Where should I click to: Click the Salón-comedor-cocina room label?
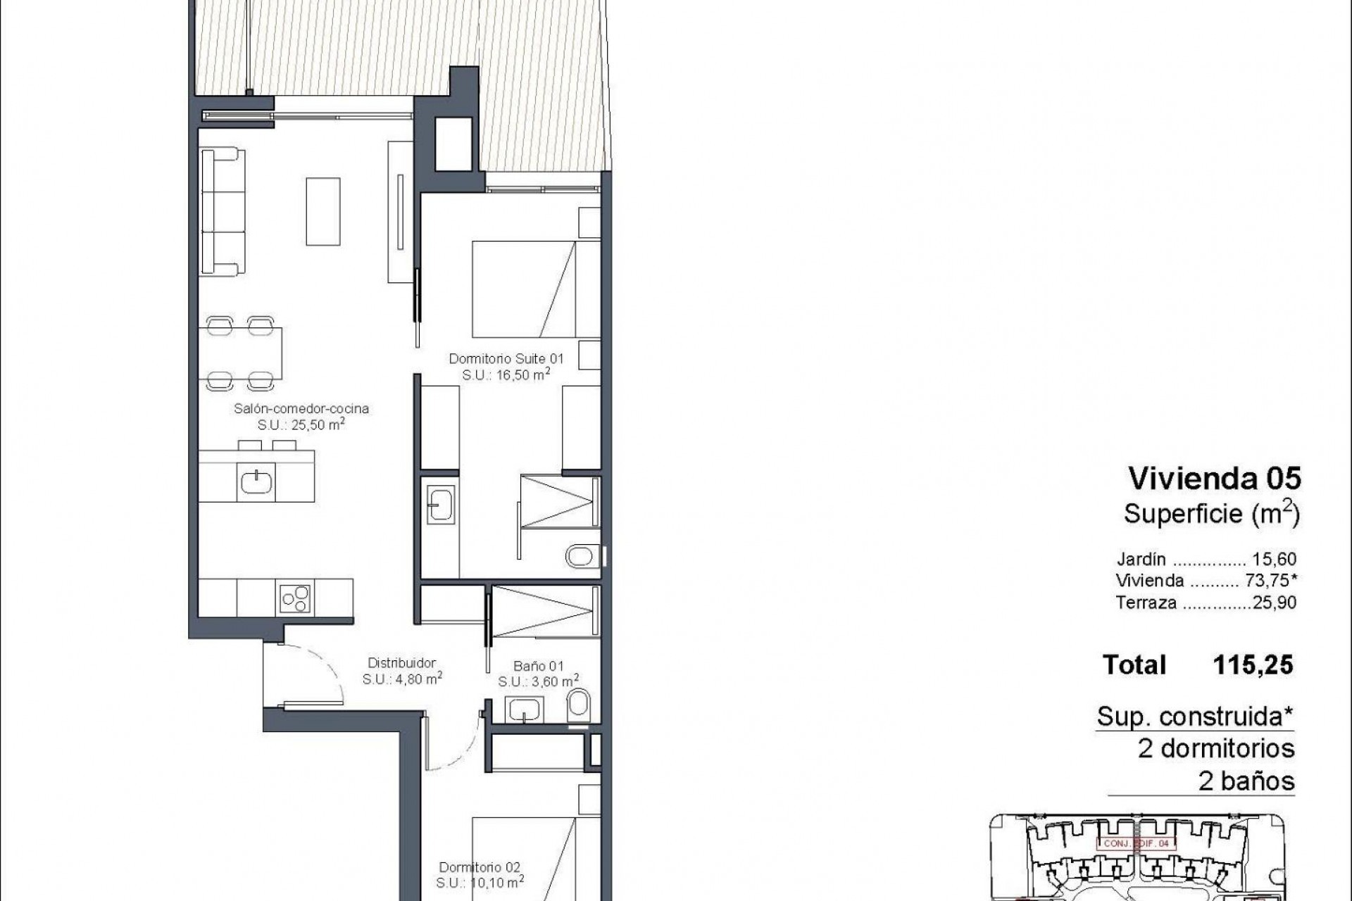coord(301,408)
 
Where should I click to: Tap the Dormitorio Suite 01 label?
coord(506,359)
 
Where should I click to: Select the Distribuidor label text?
coord(402,662)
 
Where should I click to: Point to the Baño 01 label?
coord(538,665)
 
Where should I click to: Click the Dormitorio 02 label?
coord(480,867)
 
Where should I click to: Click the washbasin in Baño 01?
coord(523,710)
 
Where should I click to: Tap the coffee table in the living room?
coord(323,211)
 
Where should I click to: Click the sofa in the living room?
coord(222,211)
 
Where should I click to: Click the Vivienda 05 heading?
coord(1215,479)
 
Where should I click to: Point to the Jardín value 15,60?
coord(1274,559)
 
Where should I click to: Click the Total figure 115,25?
coord(1253,665)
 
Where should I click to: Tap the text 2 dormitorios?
coord(1216,748)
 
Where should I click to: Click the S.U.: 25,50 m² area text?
coord(301,424)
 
